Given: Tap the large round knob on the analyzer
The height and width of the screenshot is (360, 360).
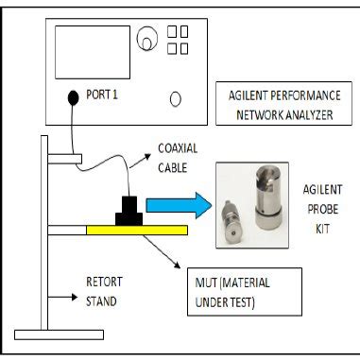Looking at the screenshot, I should tap(147, 39).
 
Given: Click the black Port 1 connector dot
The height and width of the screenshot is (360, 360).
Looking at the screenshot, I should tap(72, 96).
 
